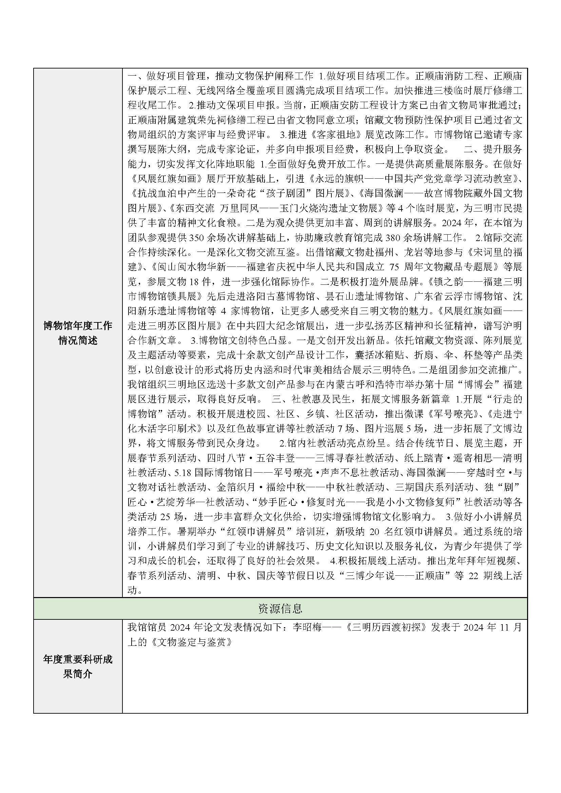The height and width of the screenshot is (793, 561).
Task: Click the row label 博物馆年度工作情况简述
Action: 78,333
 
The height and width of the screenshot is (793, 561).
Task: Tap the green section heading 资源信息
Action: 280,608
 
